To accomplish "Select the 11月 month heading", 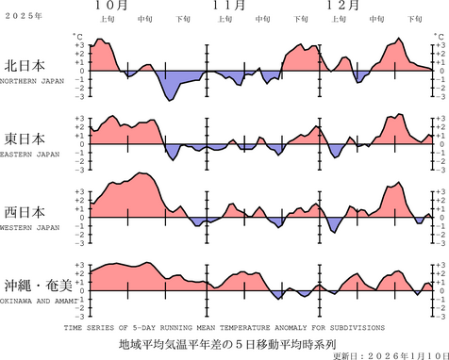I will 231,5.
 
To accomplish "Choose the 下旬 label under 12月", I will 411,19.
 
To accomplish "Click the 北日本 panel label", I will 27,66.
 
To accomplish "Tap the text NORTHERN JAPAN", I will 32,81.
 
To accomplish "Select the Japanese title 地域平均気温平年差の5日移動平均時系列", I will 227,343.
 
